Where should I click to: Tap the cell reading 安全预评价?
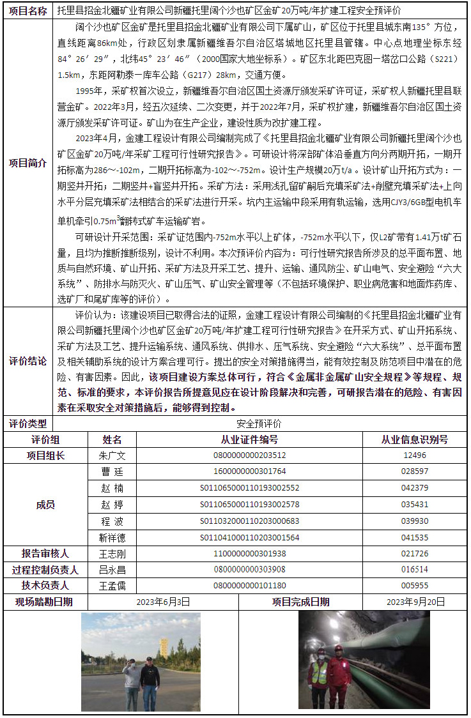[x=258, y=424]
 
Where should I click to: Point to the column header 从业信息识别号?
[x=414, y=439]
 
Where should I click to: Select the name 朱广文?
[x=112, y=455]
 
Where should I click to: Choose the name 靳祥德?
[x=112, y=538]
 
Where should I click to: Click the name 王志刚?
[x=112, y=554]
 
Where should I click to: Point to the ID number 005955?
[x=414, y=586]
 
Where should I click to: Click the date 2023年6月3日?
[x=163, y=602]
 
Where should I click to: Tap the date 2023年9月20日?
[x=416, y=602]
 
